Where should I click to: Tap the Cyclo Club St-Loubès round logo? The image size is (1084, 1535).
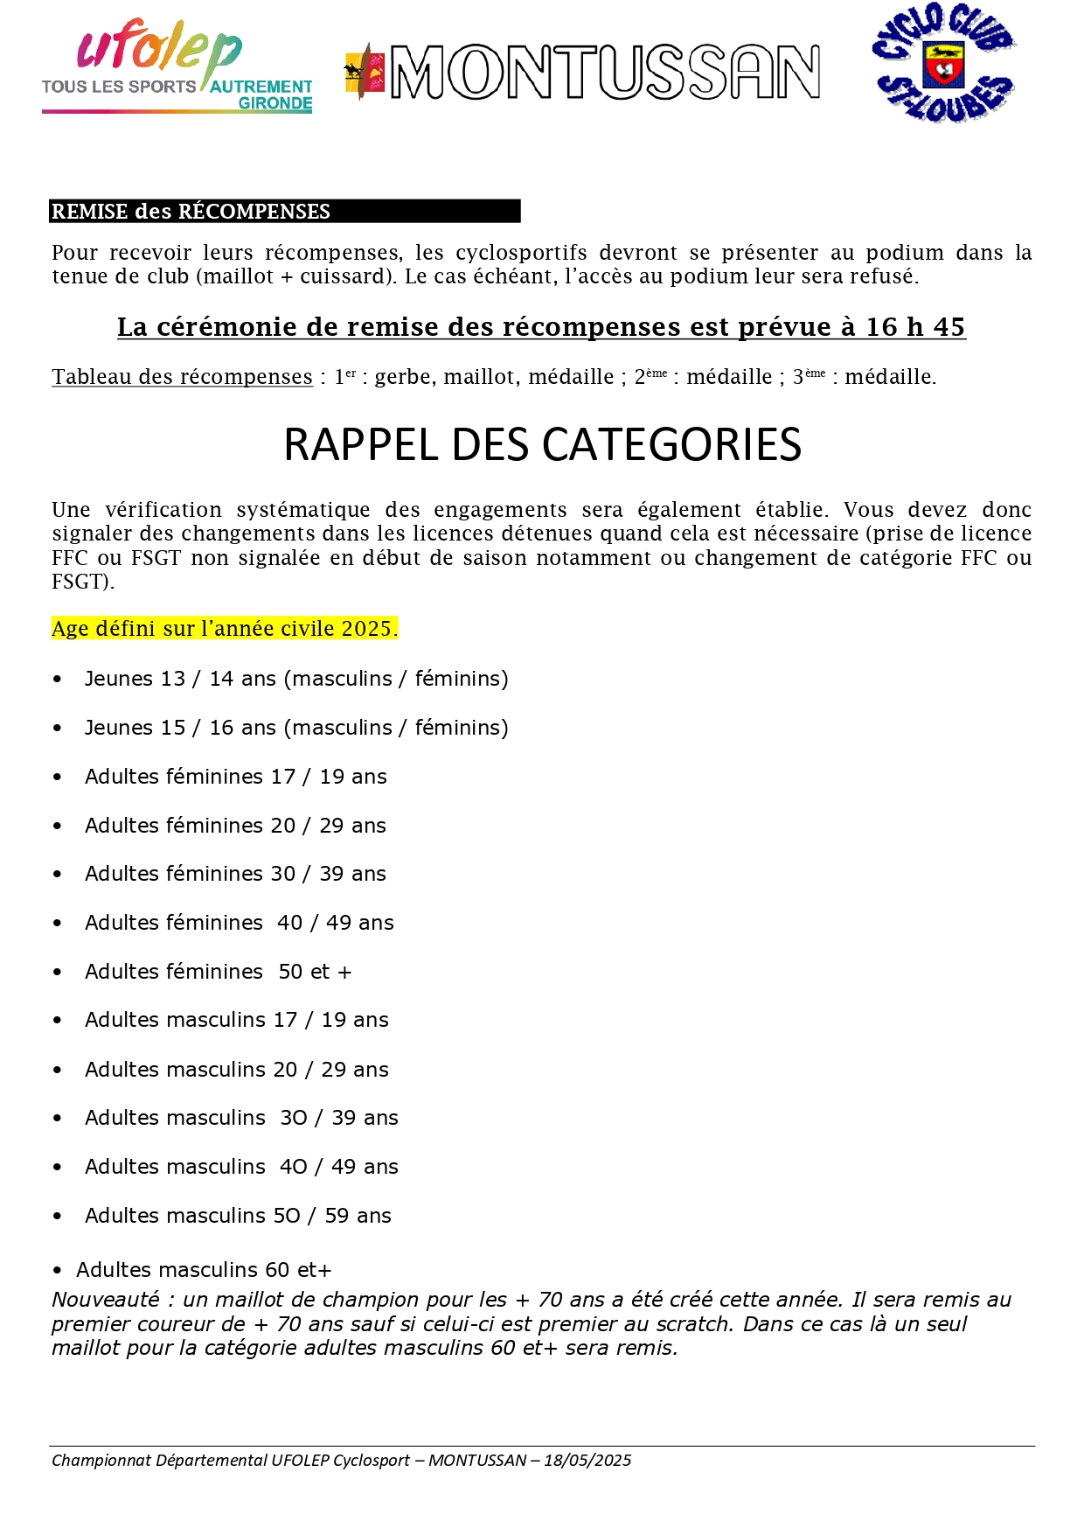pos(942,63)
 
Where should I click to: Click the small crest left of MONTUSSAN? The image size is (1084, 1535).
pos(365,72)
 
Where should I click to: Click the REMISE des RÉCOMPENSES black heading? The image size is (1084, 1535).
pos(191,212)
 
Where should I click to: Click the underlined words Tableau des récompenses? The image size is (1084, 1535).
pos(182,377)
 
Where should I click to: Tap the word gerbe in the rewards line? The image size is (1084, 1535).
pos(403,377)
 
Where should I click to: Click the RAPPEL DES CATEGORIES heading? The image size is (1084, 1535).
pos(542,444)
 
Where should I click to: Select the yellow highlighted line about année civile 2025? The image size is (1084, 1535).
pos(225,628)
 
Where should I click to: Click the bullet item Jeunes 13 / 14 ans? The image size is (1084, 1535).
pos(295,679)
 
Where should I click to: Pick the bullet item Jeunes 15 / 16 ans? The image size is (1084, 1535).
pos(295,728)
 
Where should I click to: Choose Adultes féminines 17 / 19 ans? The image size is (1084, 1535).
pos(235,777)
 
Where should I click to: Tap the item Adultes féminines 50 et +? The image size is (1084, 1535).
pos(218,972)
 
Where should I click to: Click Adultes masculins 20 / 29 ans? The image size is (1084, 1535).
pos(236,1070)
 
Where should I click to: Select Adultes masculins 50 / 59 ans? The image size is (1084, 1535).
pos(238,1216)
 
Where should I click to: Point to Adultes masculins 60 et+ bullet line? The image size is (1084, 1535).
pos(203,1270)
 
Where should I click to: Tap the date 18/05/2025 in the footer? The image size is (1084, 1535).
pos(587,1460)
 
